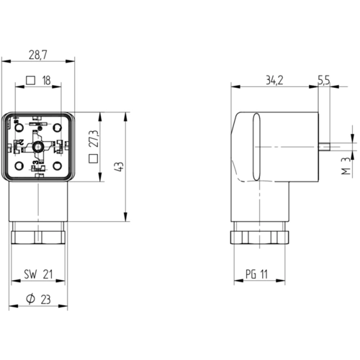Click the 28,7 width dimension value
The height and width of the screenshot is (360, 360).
[x=38, y=55]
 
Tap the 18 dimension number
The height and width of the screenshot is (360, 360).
[x=46, y=81]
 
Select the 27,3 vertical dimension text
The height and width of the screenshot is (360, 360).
[x=94, y=139]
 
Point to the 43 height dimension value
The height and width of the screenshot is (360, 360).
[x=120, y=166]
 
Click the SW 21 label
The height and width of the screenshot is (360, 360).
[x=38, y=274]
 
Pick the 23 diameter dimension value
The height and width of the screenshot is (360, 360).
[x=46, y=300]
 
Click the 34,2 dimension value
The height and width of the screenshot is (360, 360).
[x=274, y=81]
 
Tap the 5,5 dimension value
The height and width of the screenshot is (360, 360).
[x=324, y=81]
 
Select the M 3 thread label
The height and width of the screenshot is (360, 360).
[x=346, y=166]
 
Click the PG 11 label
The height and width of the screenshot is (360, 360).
[x=256, y=274]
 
